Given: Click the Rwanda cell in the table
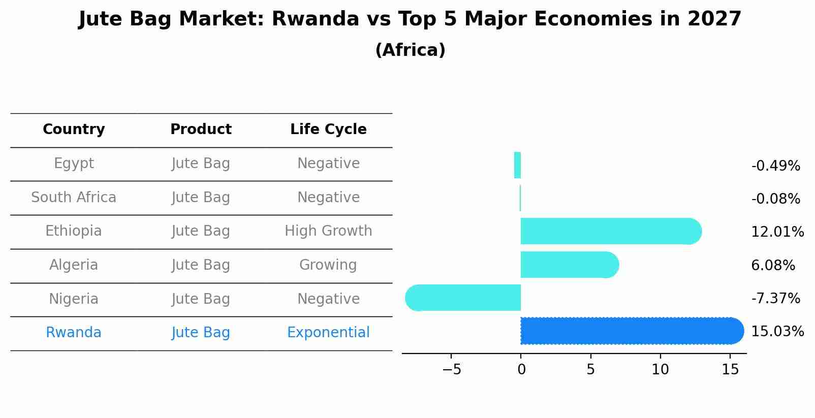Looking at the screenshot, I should coord(74,333).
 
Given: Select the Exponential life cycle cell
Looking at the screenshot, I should coord(328,333).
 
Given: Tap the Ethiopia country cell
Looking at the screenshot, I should coord(74,231).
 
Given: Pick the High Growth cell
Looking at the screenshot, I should coord(328,231).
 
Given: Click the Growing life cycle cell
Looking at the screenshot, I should coord(328,265).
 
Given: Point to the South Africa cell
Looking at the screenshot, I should coord(74,198).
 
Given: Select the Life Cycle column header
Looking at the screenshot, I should coord(328,130).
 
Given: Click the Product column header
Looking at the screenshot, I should coord(201,130).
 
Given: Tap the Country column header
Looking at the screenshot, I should coord(74,130).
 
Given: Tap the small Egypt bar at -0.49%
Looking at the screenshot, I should coord(517,165).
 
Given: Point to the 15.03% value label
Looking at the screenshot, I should coord(777,332).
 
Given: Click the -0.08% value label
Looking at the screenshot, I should coord(775,199).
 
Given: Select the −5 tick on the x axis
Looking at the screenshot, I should coord(451,370).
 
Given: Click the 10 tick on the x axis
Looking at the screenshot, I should coord(660,370).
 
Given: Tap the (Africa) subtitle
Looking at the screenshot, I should coord(410,50).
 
